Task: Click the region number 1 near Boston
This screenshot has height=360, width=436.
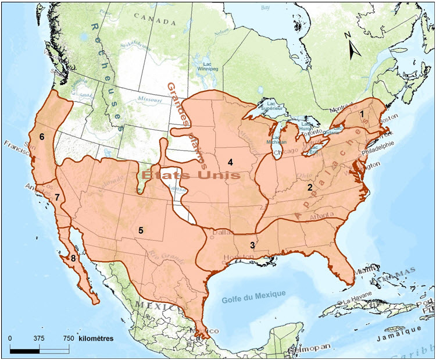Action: pos(362,115)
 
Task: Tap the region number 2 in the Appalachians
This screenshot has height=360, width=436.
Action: pos(310,187)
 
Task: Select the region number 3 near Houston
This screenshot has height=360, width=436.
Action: pos(252,245)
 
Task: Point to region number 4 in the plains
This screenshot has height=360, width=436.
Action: pos(230,162)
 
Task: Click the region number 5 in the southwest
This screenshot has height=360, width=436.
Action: pos(141,230)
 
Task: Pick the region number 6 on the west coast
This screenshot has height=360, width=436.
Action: pos(41,136)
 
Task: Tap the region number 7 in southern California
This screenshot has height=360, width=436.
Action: pos(57,197)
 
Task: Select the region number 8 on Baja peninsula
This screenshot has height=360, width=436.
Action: pos(73,257)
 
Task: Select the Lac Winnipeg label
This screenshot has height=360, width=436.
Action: pos(210,67)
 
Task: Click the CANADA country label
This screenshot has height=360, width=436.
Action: pos(154,22)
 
